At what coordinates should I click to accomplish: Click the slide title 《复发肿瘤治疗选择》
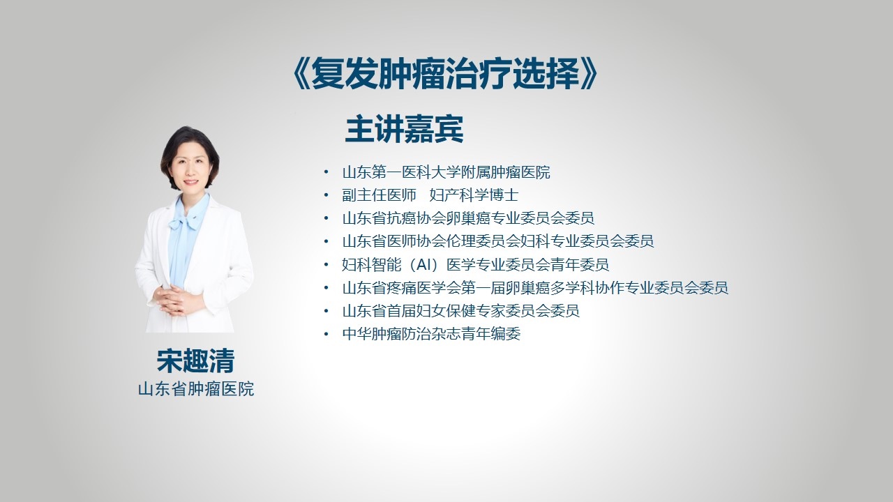point(445,73)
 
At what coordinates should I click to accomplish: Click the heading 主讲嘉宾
point(404,129)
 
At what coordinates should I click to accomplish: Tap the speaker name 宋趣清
point(195,361)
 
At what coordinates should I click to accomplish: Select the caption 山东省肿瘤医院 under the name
point(196,389)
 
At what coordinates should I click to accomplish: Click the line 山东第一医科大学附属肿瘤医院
point(446,172)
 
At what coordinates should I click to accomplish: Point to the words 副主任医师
point(379,195)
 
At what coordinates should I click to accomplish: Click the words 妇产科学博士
point(474,195)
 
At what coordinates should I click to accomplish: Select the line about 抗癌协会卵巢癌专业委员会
point(468,218)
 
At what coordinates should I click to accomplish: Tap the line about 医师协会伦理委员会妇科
point(498,241)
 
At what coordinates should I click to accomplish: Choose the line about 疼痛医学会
point(535,288)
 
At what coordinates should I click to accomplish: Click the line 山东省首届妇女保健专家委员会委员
point(461,311)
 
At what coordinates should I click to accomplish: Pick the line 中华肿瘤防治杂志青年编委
point(431,334)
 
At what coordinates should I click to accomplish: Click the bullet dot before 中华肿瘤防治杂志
point(326,334)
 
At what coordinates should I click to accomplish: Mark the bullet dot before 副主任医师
point(326,195)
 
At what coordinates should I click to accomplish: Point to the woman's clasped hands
point(175,300)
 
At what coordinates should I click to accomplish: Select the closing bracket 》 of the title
point(589,74)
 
